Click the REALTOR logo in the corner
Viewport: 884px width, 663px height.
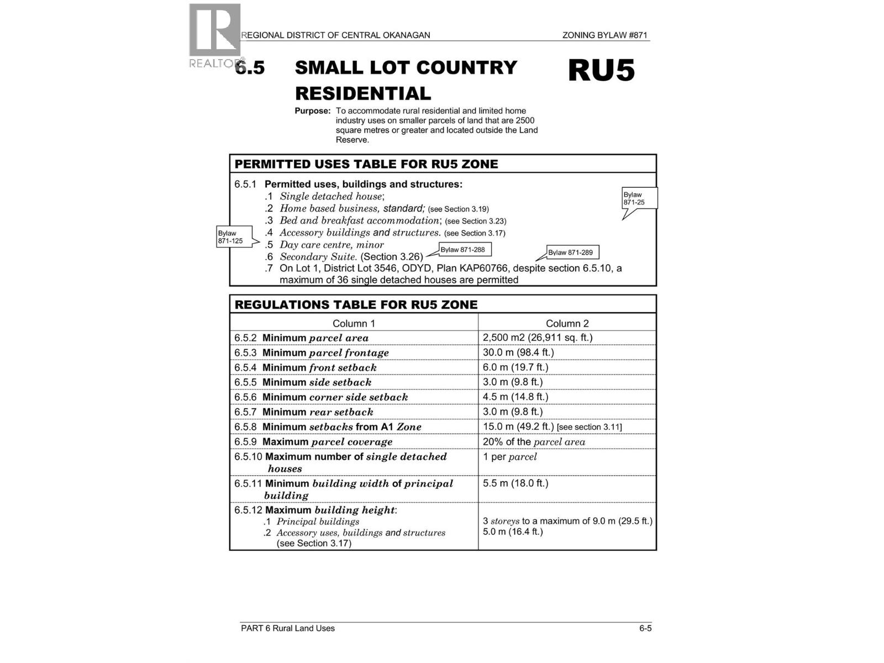[215, 35]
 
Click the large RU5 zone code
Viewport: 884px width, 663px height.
[601, 70]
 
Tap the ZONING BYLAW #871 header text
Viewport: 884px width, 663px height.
[604, 35]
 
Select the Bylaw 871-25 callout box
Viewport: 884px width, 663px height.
[639, 198]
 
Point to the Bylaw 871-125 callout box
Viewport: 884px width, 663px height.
[234, 237]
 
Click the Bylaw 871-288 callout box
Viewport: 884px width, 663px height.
[465, 250]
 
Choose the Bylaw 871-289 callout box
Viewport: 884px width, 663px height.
[572, 252]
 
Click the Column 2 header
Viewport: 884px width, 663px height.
[567, 323]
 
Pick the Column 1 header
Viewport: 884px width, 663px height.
[354, 323]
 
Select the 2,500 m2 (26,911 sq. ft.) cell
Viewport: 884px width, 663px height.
[537, 338]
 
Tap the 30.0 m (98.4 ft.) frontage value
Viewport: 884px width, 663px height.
[518, 352]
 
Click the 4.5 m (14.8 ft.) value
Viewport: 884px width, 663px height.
[515, 397]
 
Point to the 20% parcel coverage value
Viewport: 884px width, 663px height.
[533, 441]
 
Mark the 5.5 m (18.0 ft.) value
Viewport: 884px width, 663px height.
[515, 483]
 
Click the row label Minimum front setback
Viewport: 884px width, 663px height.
[319, 367]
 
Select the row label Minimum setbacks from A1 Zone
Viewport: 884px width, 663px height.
[341, 427]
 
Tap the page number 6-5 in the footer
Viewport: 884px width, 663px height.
[645, 628]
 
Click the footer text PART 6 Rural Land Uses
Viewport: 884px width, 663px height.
[287, 628]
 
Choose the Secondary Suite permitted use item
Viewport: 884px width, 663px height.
[318, 257]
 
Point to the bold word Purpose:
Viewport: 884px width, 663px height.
[312, 111]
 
